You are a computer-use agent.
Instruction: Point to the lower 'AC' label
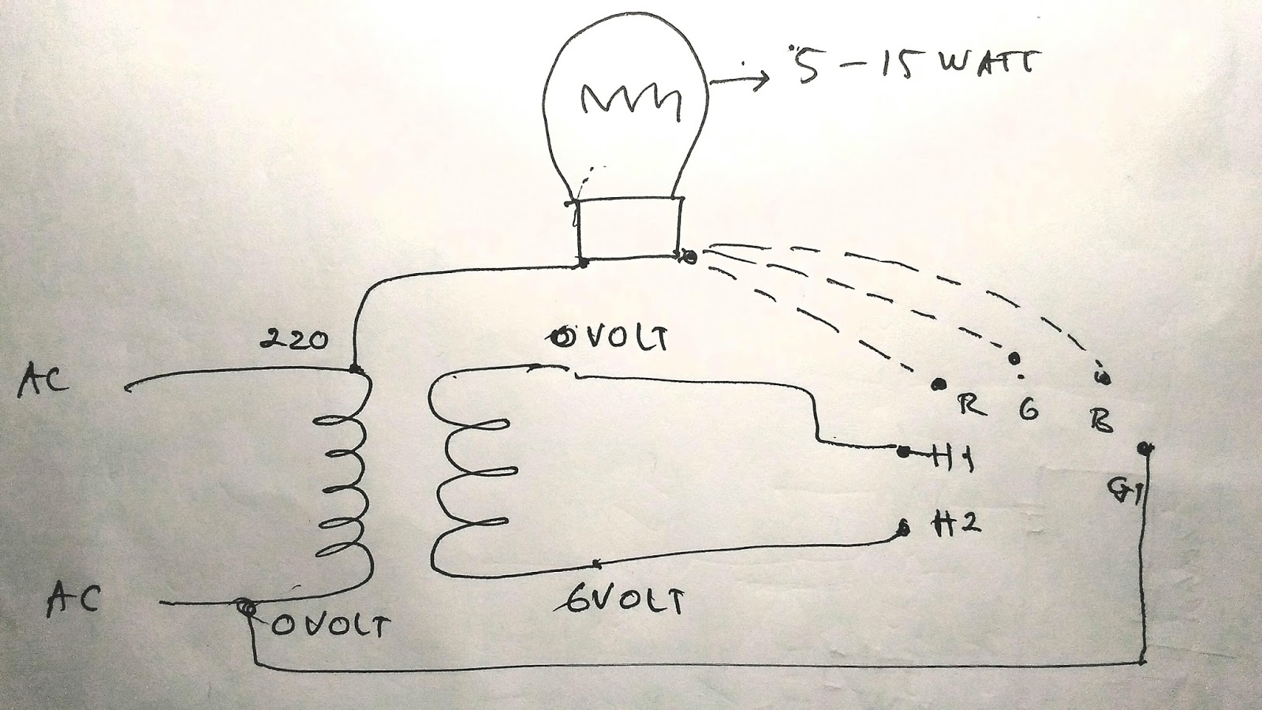tap(73, 599)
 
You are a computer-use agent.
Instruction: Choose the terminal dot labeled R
tap(939, 384)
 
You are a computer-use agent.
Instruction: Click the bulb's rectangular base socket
tap(629, 228)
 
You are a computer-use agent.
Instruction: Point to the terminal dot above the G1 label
tap(1144, 448)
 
